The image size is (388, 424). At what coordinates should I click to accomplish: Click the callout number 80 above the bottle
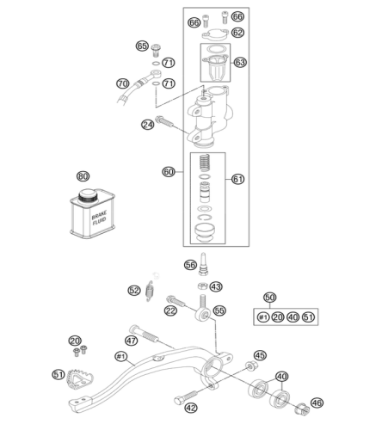click(x=83, y=176)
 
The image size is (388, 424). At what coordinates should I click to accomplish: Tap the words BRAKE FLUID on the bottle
click(x=99, y=218)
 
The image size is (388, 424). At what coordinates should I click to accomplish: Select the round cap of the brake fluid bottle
click(x=88, y=195)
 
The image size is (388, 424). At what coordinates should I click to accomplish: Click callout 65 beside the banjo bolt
click(x=142, y=46)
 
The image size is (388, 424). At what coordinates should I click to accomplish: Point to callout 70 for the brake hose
click(x=123, y=83)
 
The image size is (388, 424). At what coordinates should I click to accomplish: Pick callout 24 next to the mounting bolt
click(x=148, y=125)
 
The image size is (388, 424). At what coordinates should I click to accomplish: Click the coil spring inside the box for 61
click(x=205, y=163)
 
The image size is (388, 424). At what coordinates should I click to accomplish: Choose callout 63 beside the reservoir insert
click(x=240, y=62)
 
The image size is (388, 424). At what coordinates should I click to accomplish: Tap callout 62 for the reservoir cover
click(x=237, y=33)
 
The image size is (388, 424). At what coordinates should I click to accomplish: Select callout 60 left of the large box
click(x=169, y=172)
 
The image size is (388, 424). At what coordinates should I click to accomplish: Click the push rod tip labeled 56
click(x=203, y=264)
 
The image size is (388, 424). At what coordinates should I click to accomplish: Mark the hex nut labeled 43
click(x=202, y=286)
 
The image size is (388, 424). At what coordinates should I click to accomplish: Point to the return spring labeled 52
click(x=149, y=291)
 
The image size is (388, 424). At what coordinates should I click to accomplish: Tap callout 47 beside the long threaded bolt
click(x=131, y=341)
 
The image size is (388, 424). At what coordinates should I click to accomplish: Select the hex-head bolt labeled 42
click(x=186, y=397)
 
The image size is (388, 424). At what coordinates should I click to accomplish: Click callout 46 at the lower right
click(x=317, y=402)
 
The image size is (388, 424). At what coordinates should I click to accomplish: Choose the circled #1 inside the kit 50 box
click(x=263, y=317)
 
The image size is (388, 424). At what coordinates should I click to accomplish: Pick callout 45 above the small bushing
click(x=260, y=355)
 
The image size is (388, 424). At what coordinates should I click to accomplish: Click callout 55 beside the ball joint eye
click(x=219, y=310)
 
